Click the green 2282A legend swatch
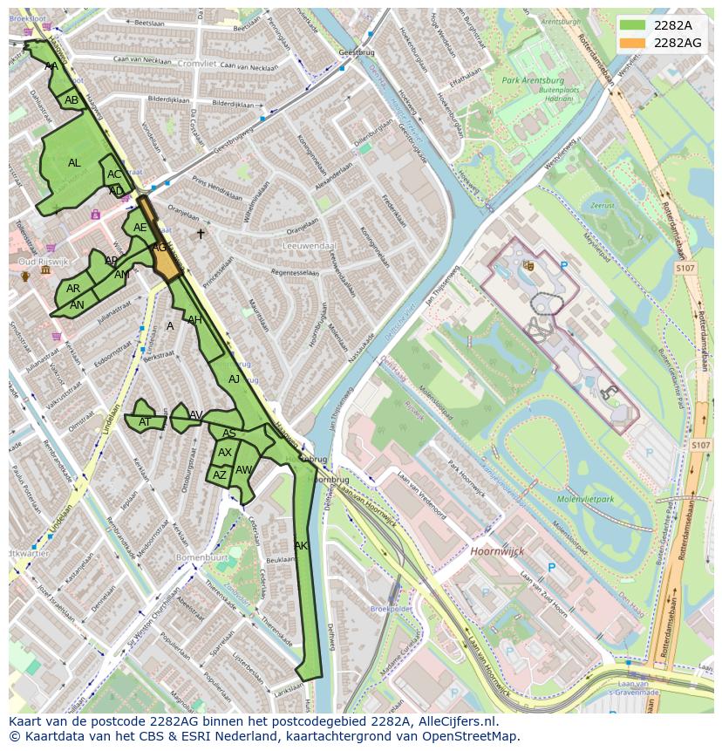[x=633, y=25]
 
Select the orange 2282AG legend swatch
[x=633, y=43]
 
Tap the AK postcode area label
[x=301, y=546]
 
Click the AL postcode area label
[x=74, y=163]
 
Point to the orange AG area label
[x=160, y=248]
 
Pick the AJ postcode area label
[x=234, y=379]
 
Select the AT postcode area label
[x=145, y=422]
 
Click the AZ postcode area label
[x=220, y=475]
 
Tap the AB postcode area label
[x=72, y=100]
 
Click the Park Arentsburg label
[x=533, y=80]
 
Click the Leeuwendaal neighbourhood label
[x=310, y=246]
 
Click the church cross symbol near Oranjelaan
[x=201, y=234]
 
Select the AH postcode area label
[x=194, y=320]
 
